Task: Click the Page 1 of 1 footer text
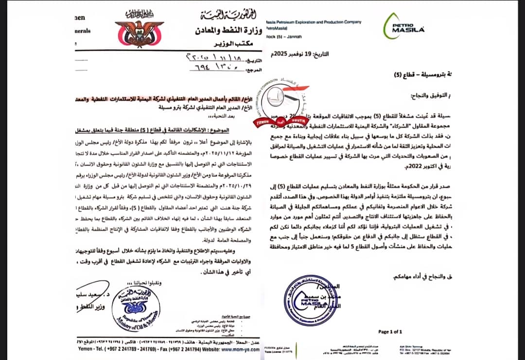coord(390,331)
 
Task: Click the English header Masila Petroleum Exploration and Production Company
coord(314,22)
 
